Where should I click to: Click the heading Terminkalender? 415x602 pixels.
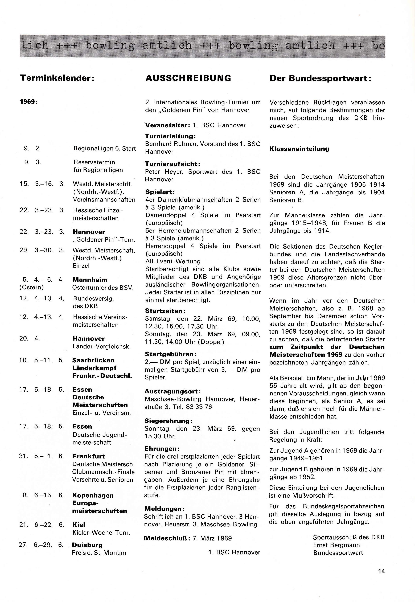coord(57,78)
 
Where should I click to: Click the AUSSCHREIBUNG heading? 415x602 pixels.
coord(188,78)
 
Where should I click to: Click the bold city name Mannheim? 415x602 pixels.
coord(90,280)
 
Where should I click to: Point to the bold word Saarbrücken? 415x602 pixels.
coord(93,360)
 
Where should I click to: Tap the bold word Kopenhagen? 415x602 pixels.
coord(93,495)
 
